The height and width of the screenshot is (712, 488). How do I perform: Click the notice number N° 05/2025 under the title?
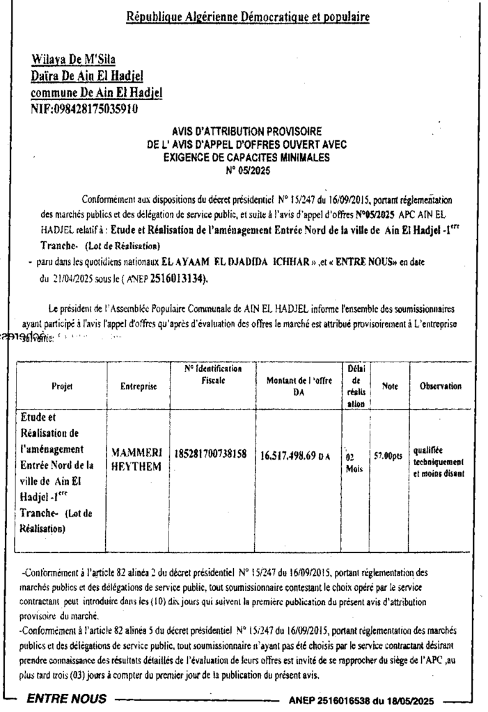[x=248, y=169]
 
